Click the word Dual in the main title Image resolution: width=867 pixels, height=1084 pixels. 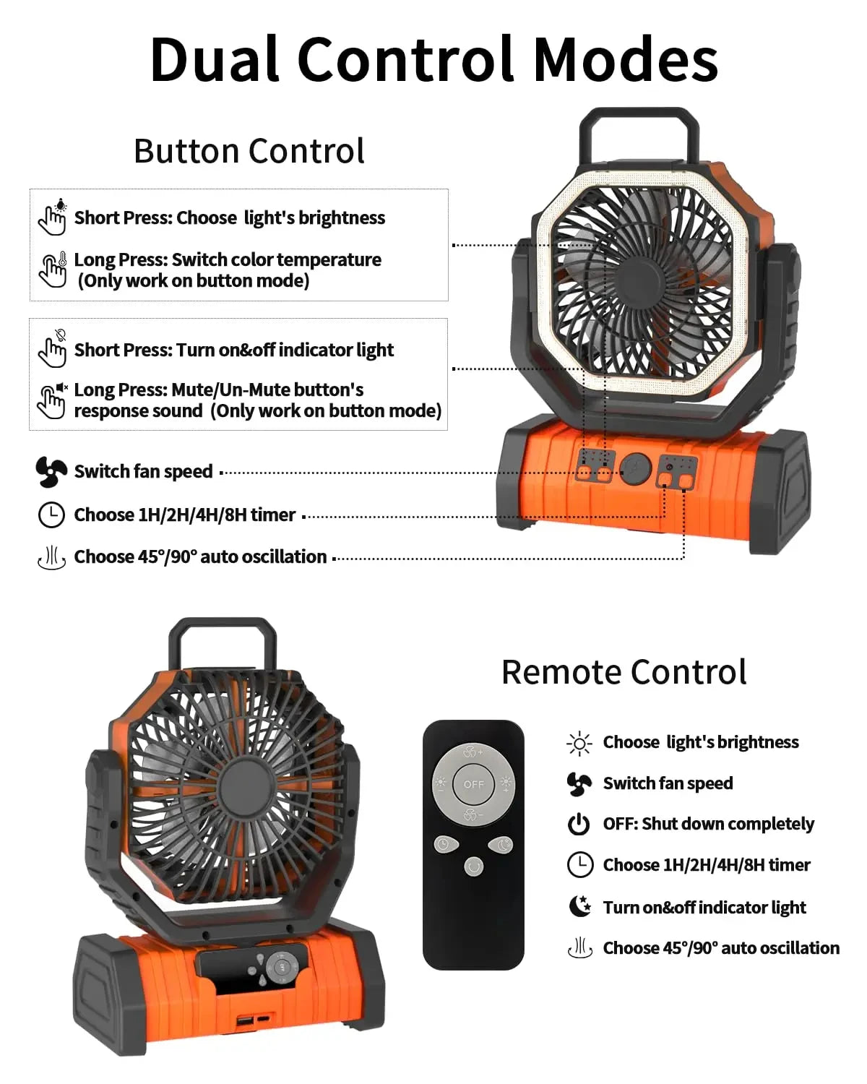(215, 59)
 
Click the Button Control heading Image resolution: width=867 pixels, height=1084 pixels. (249, 152)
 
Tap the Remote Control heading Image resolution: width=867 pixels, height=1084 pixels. (624, 672)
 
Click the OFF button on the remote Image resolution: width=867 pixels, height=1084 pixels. (474, 784)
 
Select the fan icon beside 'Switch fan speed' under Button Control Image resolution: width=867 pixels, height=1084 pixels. (51, 472)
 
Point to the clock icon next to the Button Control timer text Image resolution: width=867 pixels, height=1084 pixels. (51, 515)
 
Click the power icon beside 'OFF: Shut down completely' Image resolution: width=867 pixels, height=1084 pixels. (579, 824)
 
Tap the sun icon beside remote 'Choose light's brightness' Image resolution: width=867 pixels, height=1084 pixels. (579, 743)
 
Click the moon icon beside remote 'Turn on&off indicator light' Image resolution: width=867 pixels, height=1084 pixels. (579, 906)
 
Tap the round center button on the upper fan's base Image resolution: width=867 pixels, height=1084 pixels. (636, 468)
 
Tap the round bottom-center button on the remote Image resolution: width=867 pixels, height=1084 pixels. (473, 866)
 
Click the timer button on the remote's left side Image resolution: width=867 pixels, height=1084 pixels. (444, 844)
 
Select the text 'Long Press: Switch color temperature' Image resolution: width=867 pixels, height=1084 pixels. (228, 259)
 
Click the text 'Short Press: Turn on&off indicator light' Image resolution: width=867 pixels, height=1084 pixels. (233, 350)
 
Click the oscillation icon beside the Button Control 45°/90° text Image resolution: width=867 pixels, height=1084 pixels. (51, 558)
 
